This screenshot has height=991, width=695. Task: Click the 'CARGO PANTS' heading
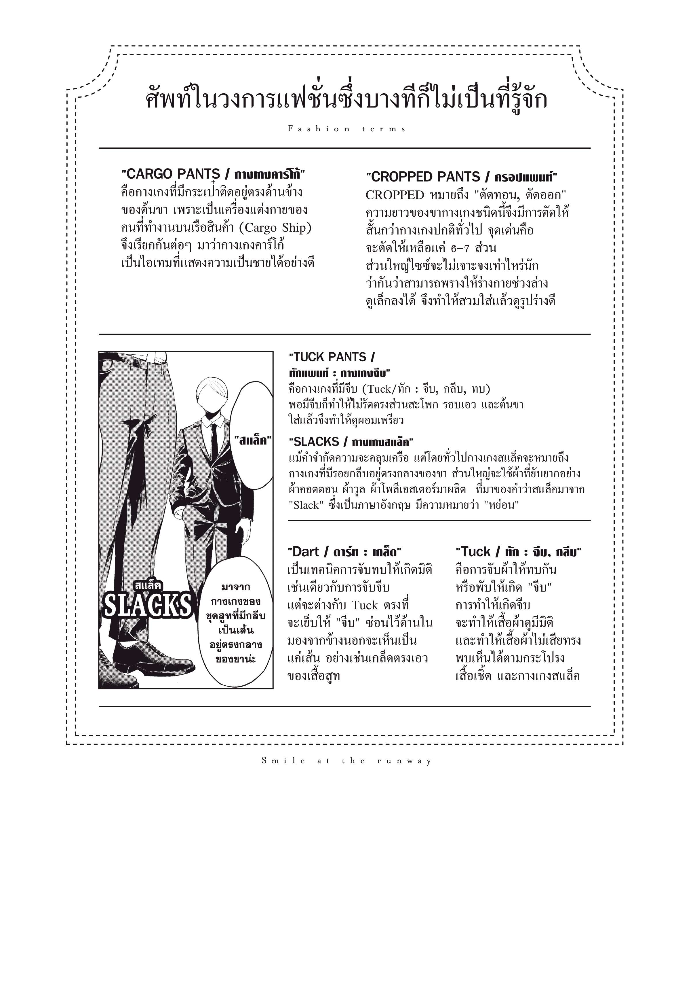coord(171,174)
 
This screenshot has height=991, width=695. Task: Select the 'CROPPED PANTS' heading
coord(425,177)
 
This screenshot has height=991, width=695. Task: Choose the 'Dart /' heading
coord(306,552)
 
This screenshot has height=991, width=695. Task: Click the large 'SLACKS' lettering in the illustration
coord(147,605)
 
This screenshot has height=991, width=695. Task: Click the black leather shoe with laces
coord(153,656)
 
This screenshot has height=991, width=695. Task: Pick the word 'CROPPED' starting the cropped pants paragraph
coord(395,195)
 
